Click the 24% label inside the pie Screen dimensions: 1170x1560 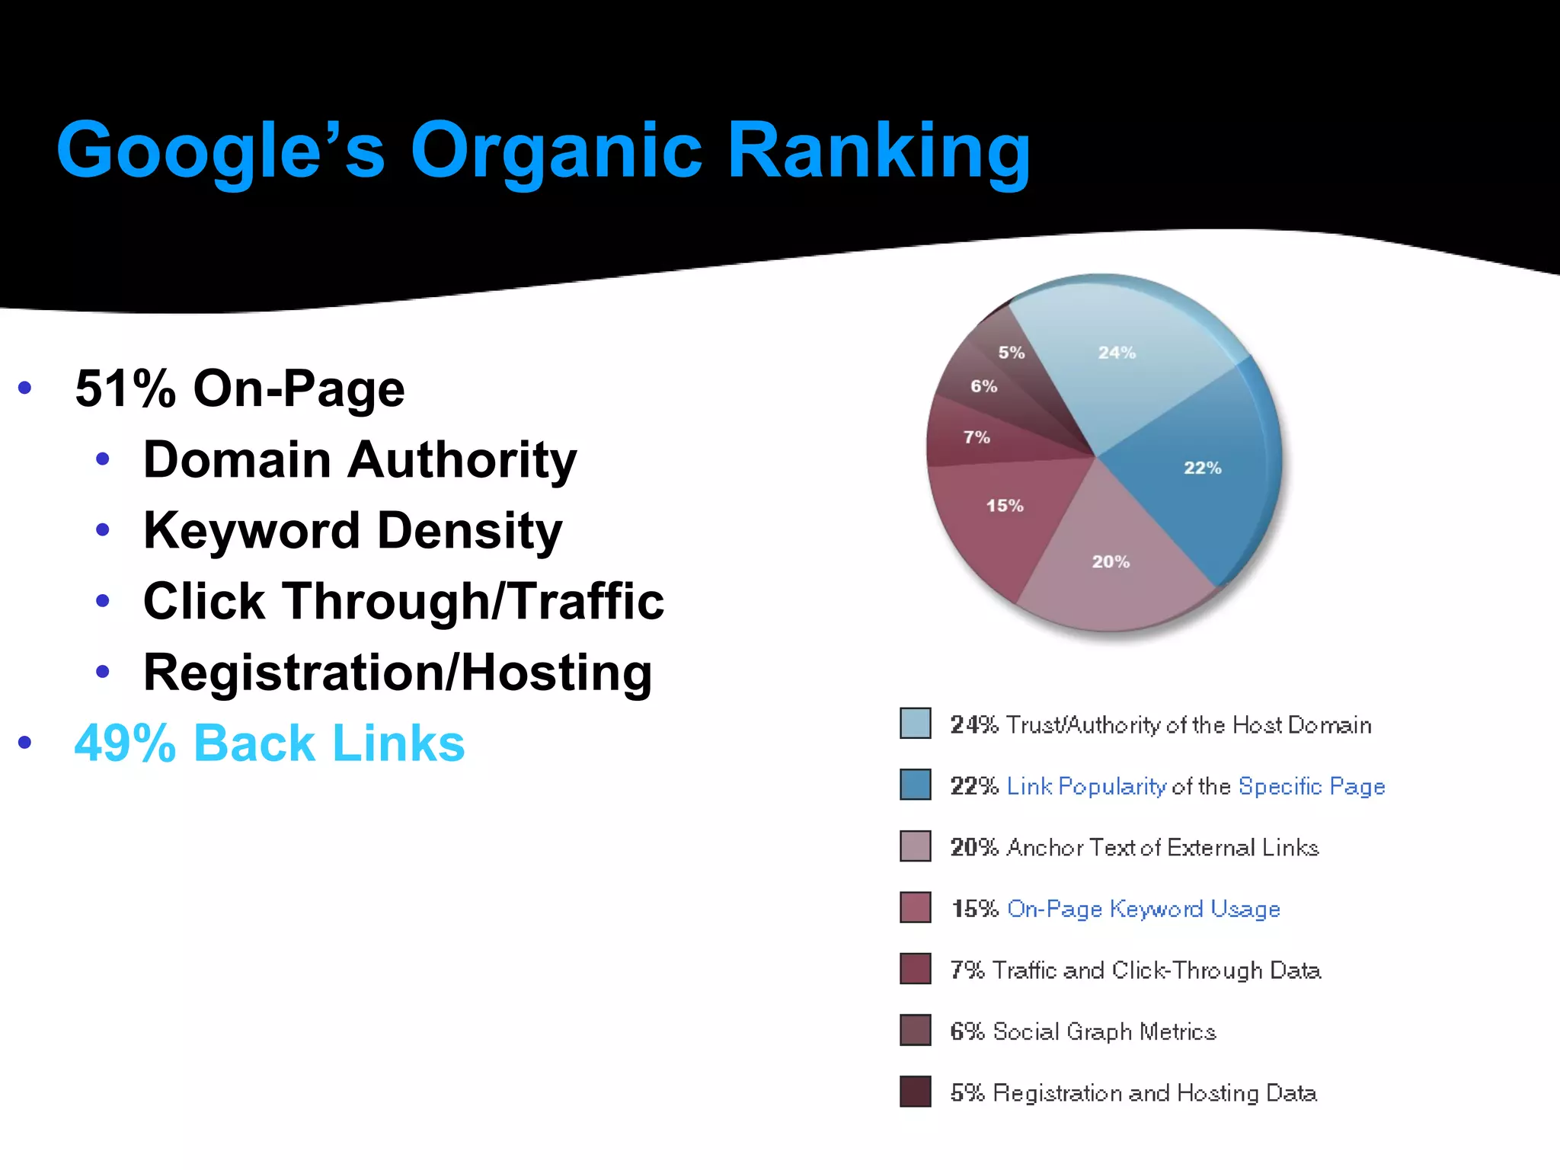pos(1117,353)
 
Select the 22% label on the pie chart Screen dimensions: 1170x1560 pos(1202,468)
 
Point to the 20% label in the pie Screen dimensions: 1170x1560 pos(1111,562)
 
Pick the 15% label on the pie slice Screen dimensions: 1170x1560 pos(1005,506)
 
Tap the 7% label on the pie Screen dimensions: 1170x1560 pos(977,437)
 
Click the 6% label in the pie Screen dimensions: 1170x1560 pos(983,386)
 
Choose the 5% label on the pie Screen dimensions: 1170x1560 pos(1012,353)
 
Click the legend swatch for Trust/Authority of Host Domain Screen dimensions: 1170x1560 pos(915,723)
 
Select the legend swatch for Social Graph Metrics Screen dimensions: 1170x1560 pos(915,1030)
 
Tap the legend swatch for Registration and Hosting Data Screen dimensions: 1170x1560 pos(915,1092)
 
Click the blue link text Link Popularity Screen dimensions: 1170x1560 pos(1086,786)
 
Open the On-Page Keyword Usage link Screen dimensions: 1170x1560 pos(1143,909)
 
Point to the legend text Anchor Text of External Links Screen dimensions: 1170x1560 pos(1162,848)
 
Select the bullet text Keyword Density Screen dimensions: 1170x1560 pos(353,531)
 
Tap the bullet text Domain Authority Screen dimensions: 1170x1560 pos(360,460)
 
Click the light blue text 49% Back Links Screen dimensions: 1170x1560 pos(270,743)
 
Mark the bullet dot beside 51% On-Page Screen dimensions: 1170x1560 pos(24,388)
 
